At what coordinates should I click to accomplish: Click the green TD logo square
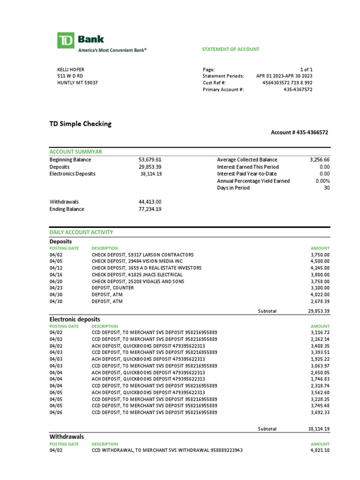[x=66, y=40]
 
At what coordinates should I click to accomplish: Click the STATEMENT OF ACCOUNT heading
[x=231, y=49]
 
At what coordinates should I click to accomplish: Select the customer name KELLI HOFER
[x=71, y=69]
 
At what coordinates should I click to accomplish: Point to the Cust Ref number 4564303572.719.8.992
[x=287, y=82]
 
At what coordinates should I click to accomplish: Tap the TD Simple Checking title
[x=81, y=124]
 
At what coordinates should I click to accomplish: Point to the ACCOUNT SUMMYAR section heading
[x=76, y=152]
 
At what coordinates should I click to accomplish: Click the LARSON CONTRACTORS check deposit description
[x=142, y=255]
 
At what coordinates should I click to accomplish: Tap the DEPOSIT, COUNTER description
[x=112, y=288]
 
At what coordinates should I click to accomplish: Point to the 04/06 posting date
[x=55, y=412]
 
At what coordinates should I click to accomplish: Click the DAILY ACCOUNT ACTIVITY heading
[x=81, y=232]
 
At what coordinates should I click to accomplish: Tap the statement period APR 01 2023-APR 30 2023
[x=284, y=76]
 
